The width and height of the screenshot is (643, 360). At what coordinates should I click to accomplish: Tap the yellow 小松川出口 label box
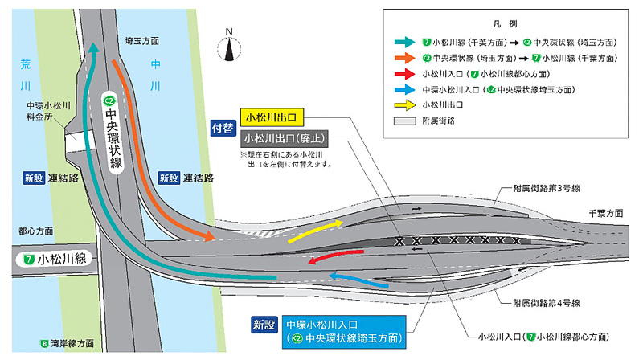click(x=271, y=117)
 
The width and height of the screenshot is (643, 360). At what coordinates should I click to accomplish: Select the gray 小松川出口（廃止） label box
click(x=281, y=137)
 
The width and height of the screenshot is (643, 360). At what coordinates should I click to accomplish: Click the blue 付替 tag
click(x=223, y=127)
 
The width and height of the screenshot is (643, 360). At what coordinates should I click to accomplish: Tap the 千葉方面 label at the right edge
click(x=604, y=213)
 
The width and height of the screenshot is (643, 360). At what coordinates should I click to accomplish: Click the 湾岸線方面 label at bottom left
click(x=72, y=345)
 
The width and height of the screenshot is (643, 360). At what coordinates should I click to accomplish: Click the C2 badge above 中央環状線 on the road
click(x=111, y=100)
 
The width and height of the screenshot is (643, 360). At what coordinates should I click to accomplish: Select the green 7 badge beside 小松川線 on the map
click(x=28, y=260)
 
